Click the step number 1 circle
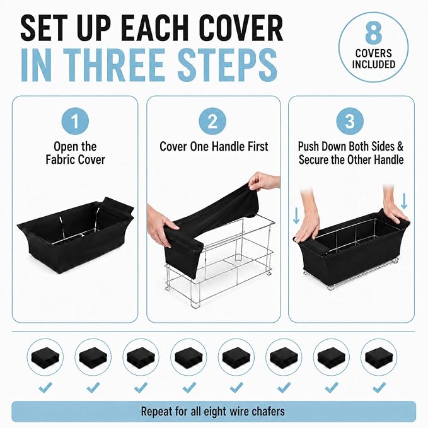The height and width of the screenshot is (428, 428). click(x=75, y=121)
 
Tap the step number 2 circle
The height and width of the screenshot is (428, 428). click(x=212, y=121)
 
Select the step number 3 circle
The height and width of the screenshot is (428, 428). click(x=350, y=121)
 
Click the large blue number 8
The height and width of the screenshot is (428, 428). click(x=373, y=33)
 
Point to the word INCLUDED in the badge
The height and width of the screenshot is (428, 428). click(x=373, y=64)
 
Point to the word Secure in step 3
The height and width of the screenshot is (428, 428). click(x=313, y=159)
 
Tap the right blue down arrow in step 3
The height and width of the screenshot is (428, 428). click(x=404, y=201)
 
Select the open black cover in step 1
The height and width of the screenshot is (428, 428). click(x=76, y=235)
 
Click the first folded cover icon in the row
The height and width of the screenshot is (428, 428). click(x=45, y=357)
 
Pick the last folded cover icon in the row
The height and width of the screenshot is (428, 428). click(x=379, y=357)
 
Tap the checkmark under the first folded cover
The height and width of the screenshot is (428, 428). click(x=45, y=387)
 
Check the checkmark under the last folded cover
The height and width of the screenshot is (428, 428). click(x=379, y=387)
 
